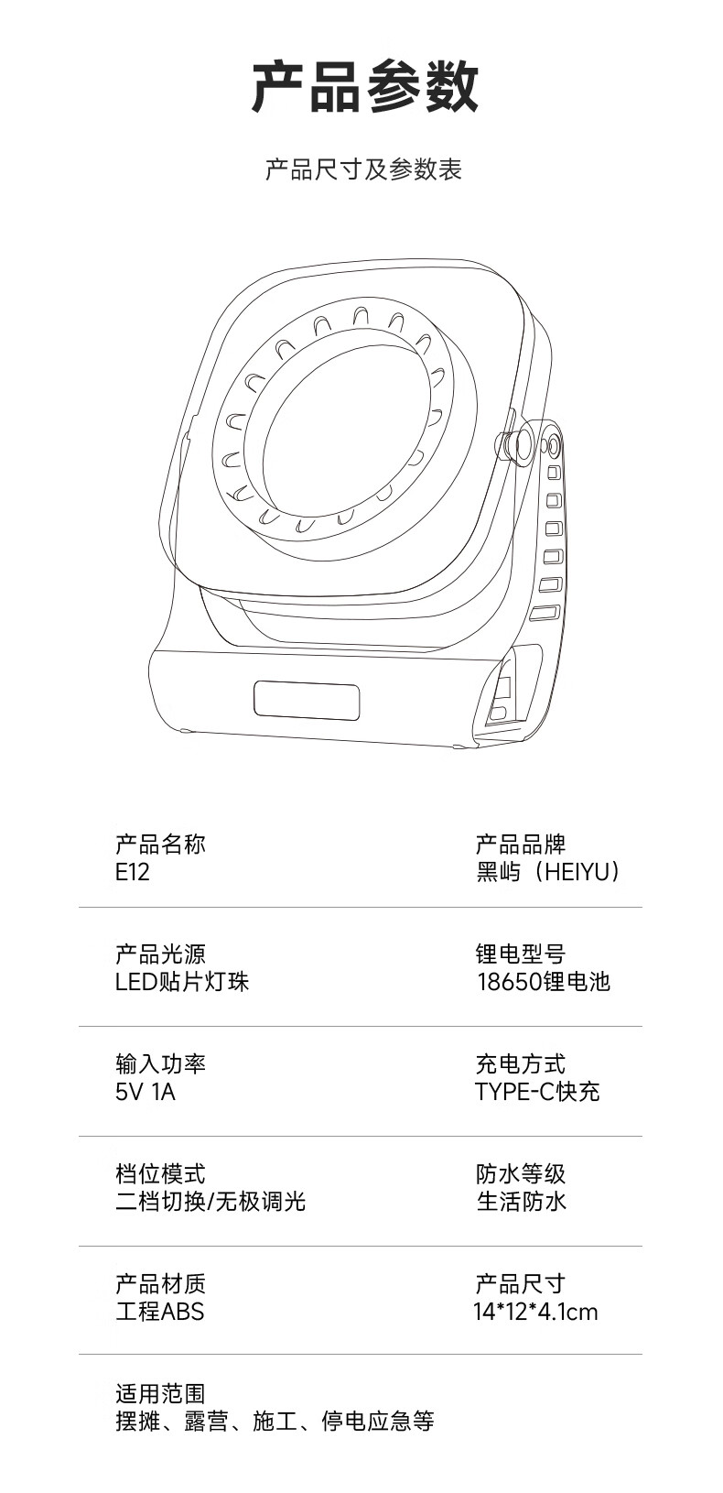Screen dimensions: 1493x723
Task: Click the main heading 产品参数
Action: [364, 88]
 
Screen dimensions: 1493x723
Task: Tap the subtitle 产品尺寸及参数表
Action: [363, 169]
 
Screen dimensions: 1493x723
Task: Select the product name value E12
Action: [133, 872]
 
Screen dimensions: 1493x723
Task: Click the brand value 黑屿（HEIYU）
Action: [548, 872]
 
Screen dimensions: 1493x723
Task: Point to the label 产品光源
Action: [160, 954]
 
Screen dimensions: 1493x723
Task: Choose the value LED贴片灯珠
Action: [182, 982]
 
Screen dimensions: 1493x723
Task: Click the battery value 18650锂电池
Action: [543, 982]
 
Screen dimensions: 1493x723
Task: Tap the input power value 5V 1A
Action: [146, 1092]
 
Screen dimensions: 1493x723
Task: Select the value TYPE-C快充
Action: [537, 1092]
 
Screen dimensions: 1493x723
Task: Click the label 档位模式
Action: [160, 1174]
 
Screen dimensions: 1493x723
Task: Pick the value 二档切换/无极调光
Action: [210, 1202]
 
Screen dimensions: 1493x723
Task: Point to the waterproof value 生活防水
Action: [521, 1202]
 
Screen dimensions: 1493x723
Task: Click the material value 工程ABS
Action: [160, 1312]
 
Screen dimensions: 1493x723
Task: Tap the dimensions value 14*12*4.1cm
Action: [535, 1312]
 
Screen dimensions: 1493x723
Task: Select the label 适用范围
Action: [160, 1394]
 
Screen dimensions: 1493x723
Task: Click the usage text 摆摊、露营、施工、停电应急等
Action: [275, 1422]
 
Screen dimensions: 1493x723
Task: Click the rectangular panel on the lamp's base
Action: [307, 701]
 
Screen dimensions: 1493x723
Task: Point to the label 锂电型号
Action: [521, 954]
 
